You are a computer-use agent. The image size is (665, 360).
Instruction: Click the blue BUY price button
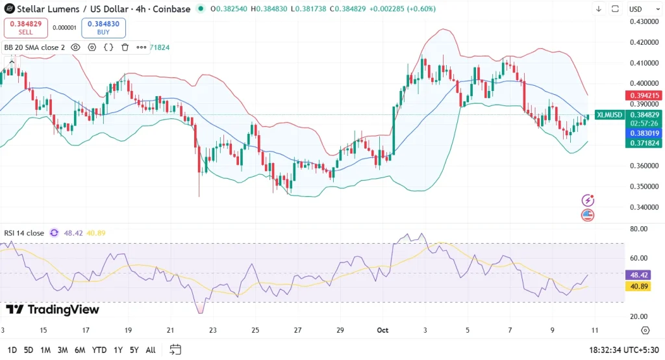[103, 28]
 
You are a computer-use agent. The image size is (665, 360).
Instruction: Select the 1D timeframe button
[12, 350]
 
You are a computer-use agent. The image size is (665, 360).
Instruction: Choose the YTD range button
[99, 350]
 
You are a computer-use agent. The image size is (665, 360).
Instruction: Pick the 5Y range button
[134, 350]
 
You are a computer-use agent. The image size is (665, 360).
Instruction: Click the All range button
[151, 350]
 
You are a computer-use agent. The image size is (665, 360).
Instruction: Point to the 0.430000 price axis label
[644, 21]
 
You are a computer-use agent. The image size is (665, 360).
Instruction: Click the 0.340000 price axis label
[644, 207]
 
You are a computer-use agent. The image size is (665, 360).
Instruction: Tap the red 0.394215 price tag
[644, 96]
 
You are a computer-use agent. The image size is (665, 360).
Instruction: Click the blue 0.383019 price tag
[644, 133]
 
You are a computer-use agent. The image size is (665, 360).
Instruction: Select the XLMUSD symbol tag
[609, 115]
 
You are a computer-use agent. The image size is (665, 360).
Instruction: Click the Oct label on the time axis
[383, 330]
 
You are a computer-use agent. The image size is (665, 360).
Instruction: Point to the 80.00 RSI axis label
[639, 229]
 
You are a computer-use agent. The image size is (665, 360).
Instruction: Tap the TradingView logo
[53, 310]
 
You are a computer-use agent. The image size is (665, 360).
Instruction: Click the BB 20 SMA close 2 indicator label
[34, 47]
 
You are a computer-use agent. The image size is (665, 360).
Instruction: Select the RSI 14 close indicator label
[24, 233]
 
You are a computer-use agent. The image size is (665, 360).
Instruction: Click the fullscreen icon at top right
[614, 9]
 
